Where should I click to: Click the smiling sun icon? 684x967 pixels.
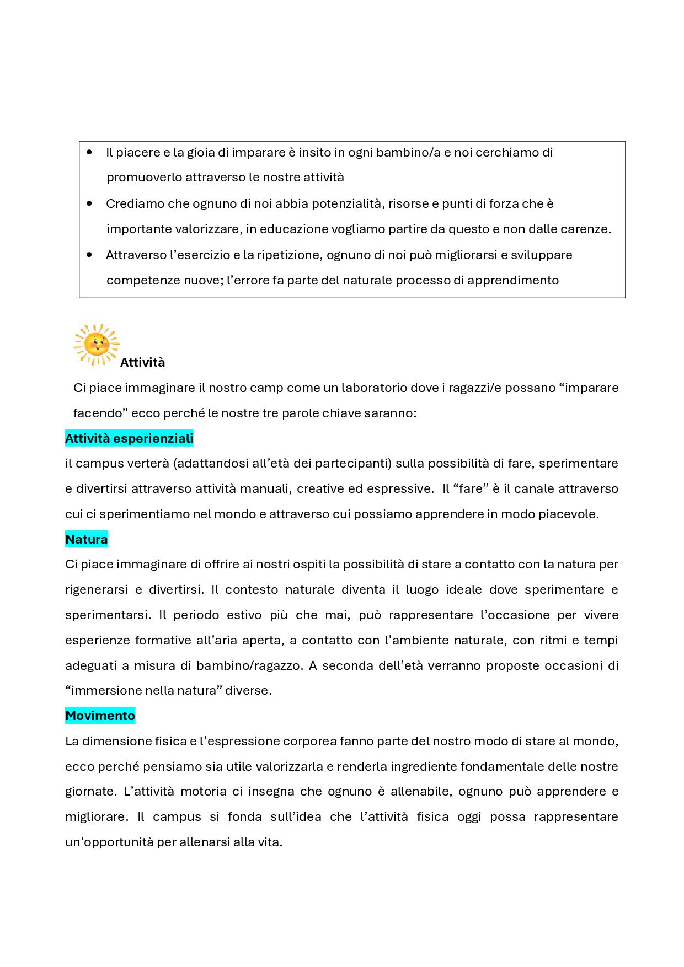click(97, 345)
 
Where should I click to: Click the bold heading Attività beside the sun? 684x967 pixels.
click(142, 363)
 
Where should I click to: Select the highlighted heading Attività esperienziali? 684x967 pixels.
click(129, 439)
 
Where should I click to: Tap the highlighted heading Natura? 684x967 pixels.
click(87, 539)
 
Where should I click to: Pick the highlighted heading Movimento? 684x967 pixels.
click(100, 716)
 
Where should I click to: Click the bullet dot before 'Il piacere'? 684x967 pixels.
click(90, 152)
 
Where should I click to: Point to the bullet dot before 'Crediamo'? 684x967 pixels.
click(90, 203)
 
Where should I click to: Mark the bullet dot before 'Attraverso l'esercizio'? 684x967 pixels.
click(90, 255)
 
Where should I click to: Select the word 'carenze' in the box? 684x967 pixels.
click(588, 229)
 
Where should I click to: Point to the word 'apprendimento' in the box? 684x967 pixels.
click(513, 281)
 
